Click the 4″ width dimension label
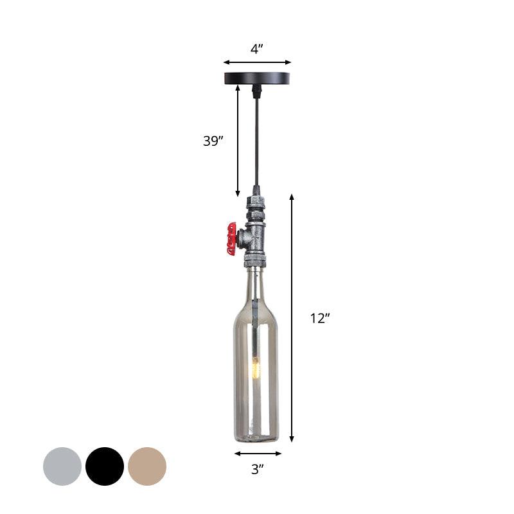pos(257,49)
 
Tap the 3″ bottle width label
pos(257,470)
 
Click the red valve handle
pos(231,238)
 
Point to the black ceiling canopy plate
pos(256,78)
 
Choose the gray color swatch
pos(62,466)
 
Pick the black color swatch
pos(105,466)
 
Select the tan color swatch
pos(147,466)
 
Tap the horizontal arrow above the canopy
pos(257,62)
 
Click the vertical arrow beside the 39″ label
pos(238,141)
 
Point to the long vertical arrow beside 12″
pos(292,317)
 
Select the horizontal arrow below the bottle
pos(257,453)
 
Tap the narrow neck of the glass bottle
pos(256,289)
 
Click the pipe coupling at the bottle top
pos(255,261)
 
